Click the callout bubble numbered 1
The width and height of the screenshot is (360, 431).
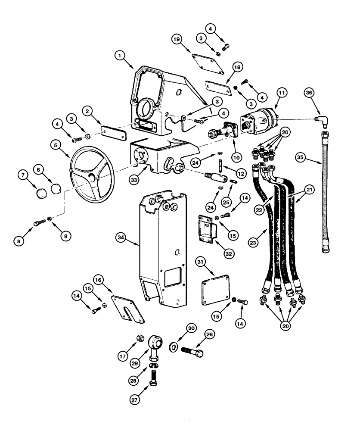point(121,55)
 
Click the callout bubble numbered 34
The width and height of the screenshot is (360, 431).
point(122,237)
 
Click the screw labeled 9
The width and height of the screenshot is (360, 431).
point(38,222)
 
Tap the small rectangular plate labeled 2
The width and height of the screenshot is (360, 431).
point(109,131)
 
